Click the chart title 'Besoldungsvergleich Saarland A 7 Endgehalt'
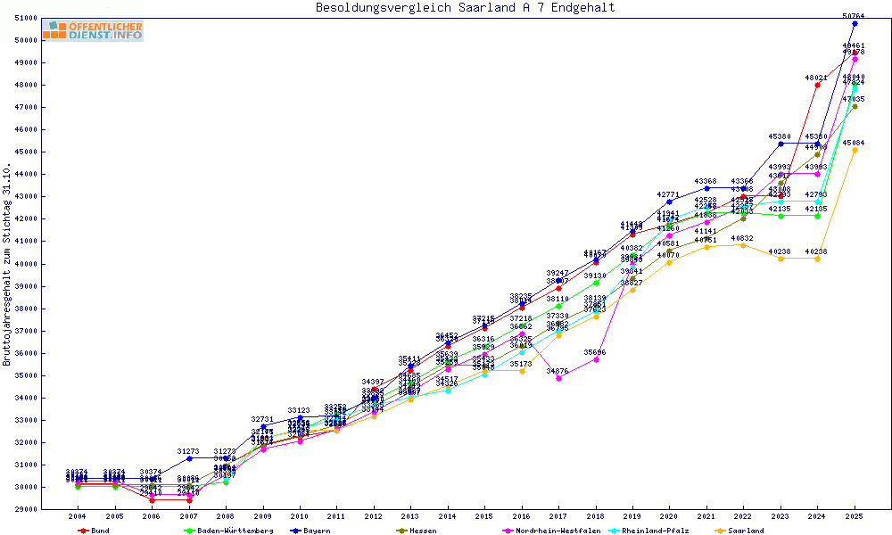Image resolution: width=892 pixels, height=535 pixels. coord(465,8)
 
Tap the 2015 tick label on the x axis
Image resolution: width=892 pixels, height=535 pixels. coord(484,516)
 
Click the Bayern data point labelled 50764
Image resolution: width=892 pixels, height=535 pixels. coord(855,23)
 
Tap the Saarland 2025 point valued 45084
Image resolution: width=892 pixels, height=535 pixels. coord(855,150)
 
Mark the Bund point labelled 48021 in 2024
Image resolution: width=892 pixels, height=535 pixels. coord(817,85)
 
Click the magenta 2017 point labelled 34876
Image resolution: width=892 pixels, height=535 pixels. coord(558,378)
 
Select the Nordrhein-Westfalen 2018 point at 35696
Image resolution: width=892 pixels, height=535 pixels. coord(596,359)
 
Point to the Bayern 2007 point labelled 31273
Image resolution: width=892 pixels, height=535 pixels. coord(188,458)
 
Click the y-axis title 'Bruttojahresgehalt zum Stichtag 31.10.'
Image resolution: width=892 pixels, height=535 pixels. coord(8,264)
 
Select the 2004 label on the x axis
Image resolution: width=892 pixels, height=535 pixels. coord(77,516)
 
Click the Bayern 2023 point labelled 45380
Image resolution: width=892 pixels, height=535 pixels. coord(780,144)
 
